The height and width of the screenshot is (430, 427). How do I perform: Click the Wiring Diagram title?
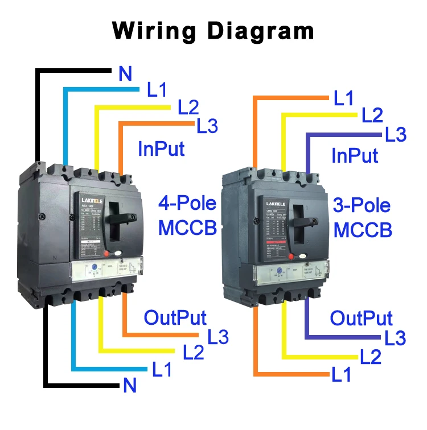213,30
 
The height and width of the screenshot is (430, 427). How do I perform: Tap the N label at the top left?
125,74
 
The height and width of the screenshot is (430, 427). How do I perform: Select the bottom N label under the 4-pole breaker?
130,386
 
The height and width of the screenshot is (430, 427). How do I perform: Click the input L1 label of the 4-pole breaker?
157,90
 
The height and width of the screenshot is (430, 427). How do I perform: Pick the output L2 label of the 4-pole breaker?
193,353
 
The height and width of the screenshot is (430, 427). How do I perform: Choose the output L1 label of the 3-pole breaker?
342,375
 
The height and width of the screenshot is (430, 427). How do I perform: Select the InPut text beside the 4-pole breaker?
161,149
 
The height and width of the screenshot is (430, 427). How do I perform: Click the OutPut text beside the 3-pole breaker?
362,317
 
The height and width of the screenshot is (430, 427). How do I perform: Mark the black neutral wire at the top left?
38,114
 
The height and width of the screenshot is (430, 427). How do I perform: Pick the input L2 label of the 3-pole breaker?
372,116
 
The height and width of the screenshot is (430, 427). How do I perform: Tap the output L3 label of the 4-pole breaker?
217,337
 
